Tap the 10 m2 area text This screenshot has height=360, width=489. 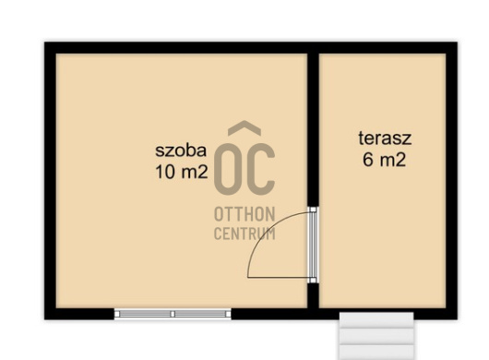click(181, 171)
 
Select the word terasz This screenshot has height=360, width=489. click(385, 139)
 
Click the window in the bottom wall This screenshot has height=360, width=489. click(173, 314)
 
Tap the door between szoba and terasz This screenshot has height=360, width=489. click(313, 245)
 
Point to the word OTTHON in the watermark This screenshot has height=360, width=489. click(244, 214)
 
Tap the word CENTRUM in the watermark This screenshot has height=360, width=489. click(244, 234)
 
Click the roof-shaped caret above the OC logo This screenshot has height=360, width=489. click(244, 129)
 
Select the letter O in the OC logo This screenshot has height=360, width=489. click(229, 166)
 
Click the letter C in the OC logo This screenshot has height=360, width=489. click(261, 166)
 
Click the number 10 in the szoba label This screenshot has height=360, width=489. click(165, 171)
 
